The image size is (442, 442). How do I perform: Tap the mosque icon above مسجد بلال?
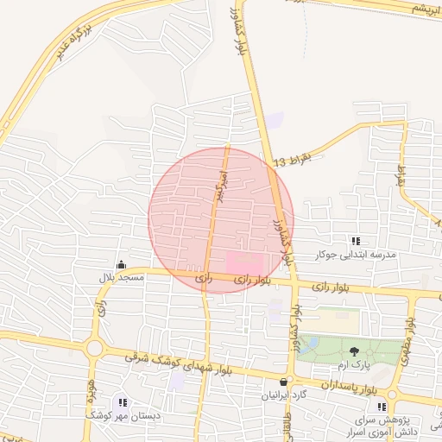click(120, 265)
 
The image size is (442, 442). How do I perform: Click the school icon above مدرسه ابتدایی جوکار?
click(355, 241)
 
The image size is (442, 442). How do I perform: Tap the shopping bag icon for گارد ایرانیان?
click(283, 381)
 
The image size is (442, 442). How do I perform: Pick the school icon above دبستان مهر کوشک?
click(122, 402)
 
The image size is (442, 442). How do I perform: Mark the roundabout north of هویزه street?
click(94, 349)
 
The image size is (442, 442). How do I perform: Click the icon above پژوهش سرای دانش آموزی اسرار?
click(381, 407)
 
